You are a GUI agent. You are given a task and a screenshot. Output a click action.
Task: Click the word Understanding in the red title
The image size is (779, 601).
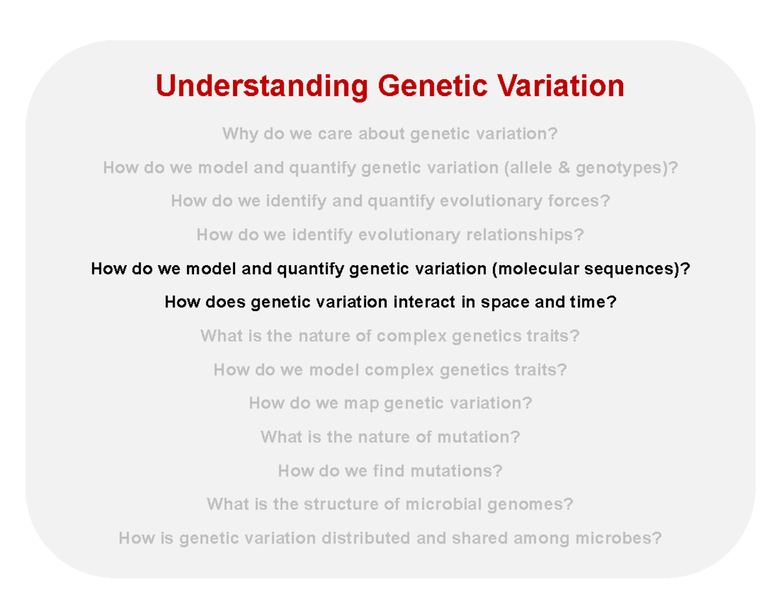[x=262, y=87]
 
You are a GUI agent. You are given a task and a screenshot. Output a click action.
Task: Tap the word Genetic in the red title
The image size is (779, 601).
[x=432, y=86]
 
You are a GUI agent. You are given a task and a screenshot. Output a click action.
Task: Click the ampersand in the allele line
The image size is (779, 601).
[x=564, y=167]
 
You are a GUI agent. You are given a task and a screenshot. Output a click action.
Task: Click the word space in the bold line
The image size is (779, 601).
[x=505, y=303]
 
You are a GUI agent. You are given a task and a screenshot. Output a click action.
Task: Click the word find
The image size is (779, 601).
[x=389, y=471]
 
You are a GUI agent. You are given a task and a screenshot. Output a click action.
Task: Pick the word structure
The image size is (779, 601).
[x=341, y=504]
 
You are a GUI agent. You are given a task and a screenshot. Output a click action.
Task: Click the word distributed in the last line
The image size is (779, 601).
[x=365, y=538]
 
